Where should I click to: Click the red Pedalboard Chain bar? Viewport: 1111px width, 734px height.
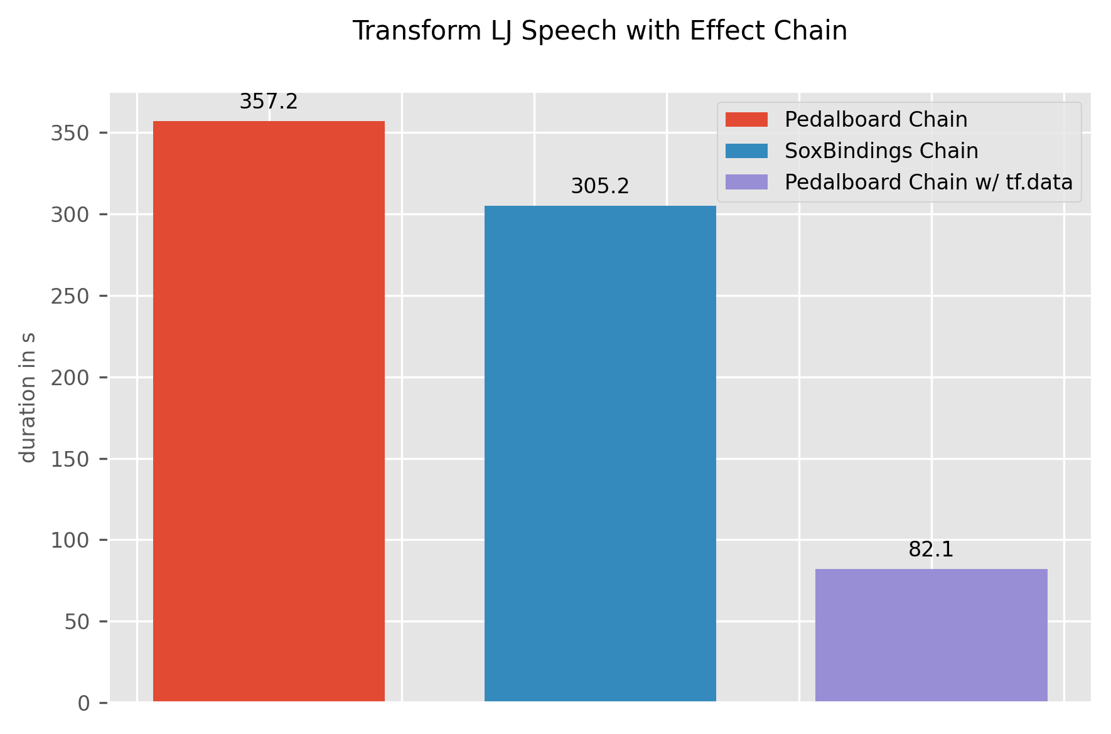point(269,411)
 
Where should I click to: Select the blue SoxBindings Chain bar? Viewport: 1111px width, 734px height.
point(600,453)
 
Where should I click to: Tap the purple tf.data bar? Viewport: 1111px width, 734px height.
point(931,635)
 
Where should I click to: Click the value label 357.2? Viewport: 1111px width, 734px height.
point(269,102)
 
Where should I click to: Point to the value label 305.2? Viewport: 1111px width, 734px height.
point(600,186)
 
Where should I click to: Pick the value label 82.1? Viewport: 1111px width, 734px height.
point(931,550)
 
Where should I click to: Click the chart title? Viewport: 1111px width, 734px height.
point(599,31)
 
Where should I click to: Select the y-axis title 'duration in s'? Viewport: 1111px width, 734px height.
point(28,397)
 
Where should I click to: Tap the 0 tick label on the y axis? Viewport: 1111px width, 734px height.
point(83,703)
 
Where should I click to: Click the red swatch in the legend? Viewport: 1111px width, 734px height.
point(746,119)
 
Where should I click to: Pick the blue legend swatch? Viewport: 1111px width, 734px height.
point(746,151)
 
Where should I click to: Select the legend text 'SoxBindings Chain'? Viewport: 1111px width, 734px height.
point(881,151)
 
